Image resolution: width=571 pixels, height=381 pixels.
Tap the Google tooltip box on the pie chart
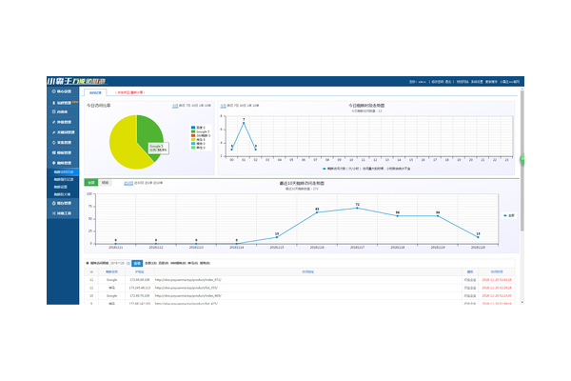155,148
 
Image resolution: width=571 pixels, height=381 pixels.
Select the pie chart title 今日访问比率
99,106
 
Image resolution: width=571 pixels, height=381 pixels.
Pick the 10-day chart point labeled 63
317,212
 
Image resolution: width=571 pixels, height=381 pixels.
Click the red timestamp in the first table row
500,280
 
